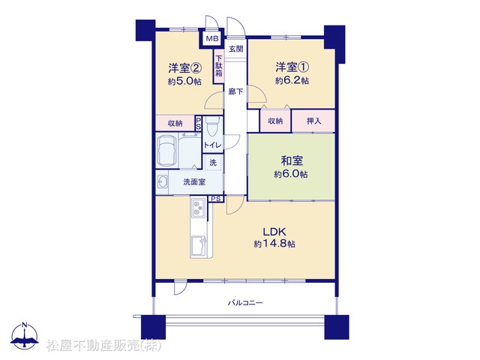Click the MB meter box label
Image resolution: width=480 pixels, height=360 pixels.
(x=212, y=38)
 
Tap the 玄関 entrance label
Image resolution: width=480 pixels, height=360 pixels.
(x=236, y=49)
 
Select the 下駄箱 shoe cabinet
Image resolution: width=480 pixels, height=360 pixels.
(x=218, y=66)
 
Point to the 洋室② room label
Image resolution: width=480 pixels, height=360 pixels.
(x=184, y=67)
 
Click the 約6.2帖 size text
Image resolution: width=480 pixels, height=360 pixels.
(x=292, y=80)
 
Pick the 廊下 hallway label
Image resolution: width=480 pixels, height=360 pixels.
(x=235, y=91)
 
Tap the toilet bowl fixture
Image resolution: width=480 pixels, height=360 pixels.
(x=212, y=127)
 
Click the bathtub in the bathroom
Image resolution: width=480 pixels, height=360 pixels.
(x=166, y=151)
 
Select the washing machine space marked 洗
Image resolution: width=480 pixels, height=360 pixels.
(x=213, y=163)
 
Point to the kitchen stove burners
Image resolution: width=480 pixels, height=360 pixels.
(x=198, y=207)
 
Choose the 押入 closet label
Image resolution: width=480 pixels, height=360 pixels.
(x=313, y=121)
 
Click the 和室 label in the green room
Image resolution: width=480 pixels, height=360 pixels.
(x=292, y=160)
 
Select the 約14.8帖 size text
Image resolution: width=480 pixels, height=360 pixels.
(x=274, y=244)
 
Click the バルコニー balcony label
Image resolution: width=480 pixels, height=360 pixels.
(x=245, y=303)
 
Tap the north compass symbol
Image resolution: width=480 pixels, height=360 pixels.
(x=25, y=335)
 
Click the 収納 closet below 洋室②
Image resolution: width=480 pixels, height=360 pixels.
(x=175, y=123)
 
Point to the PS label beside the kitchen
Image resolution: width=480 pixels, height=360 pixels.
(x=216, y=199)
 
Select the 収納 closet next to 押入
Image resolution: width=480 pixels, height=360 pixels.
(x=275, y=121)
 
